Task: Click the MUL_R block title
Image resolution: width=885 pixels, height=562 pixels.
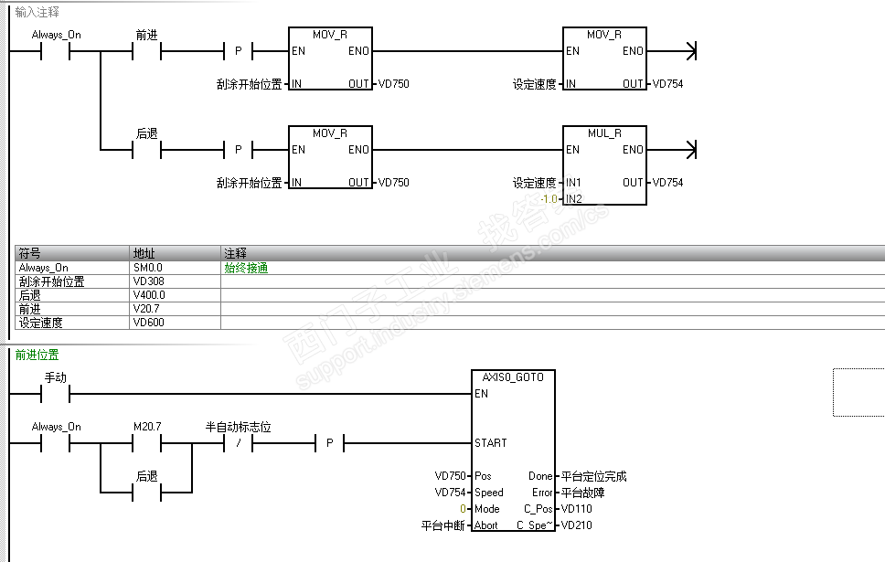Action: click(604, 133)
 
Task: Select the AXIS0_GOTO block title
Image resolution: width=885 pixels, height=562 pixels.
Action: click(513, 376)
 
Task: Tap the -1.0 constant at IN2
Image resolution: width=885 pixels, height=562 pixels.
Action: click(549, 198)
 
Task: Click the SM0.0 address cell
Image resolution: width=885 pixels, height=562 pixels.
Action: click(148, 268)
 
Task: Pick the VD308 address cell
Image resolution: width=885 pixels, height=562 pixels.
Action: click(148, 281)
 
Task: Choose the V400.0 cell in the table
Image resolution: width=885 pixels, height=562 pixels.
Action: click(149, 295)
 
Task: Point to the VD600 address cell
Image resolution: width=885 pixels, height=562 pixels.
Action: click(148, 323)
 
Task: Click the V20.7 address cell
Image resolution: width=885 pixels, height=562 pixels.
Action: click(146, 309)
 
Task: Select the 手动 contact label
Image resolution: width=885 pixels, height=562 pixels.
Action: click(56, 377)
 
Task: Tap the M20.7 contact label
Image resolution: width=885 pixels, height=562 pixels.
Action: click(147, 427)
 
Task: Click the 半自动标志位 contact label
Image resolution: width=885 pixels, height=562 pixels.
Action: click(238, 427)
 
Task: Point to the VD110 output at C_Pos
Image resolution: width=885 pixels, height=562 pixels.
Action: click(576, 509)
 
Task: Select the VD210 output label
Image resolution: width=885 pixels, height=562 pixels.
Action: click(576, 525)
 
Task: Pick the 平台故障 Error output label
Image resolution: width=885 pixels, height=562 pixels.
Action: click(582, 493)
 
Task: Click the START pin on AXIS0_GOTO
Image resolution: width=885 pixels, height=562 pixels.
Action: click(490, 443)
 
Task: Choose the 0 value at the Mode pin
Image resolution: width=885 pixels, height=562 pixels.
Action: click(463, 509)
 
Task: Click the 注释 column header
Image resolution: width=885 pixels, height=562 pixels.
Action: click(236, 253)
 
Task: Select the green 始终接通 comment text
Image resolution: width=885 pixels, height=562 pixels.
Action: click(246, 268)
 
